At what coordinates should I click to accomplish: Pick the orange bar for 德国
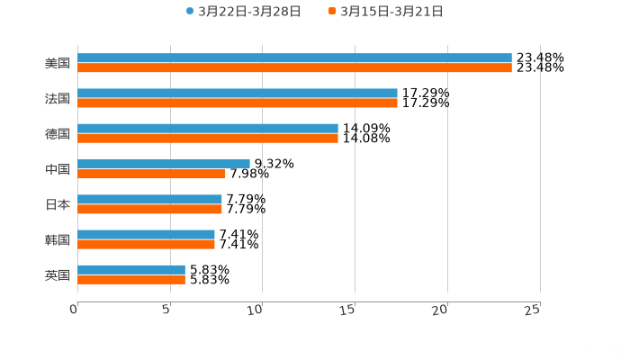pos(208,139)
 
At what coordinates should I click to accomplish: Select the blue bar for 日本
pos(149,199)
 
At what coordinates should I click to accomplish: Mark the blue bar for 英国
pos(131,269)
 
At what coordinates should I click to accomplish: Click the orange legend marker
pos(332,12)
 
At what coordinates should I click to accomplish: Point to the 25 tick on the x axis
pos(533,309)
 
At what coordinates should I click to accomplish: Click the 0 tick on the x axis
pos(75,309)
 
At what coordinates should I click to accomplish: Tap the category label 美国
pos(58,64)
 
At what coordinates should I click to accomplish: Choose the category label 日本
pos(58,204)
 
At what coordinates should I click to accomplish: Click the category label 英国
pos(58,274)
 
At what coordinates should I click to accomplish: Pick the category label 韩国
pos(58,239)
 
